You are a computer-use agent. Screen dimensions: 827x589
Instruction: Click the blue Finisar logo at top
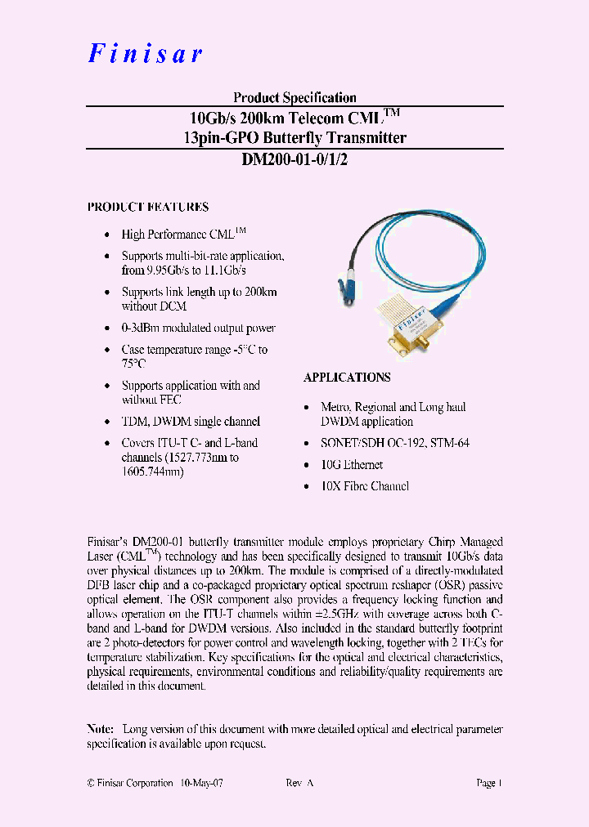[145, 53]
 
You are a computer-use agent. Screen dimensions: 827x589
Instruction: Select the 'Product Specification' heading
[294, 97]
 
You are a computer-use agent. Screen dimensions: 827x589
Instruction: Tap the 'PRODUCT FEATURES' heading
[148, 208]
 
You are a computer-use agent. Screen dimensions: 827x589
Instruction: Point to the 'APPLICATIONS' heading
[347, 378]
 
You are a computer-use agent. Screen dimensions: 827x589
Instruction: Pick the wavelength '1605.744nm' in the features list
[153, 472]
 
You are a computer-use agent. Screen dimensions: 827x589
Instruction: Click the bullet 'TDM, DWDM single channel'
[191, 422]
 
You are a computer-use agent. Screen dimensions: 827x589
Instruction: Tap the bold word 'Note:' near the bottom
[101, 729]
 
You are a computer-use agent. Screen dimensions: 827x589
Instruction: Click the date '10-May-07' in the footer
[201, 783]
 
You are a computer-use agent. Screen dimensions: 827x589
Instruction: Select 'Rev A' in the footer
[299, 783]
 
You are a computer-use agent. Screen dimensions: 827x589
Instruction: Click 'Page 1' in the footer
[488, 783]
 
